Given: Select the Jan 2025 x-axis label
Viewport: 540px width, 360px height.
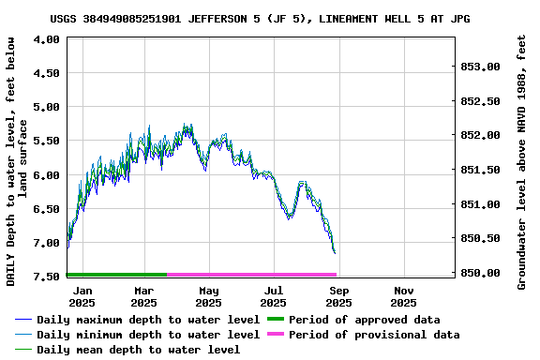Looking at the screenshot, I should pos(82,296).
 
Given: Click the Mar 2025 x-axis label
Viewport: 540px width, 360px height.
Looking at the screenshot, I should pos(143,296).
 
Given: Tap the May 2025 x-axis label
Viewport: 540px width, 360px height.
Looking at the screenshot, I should pos(209,296).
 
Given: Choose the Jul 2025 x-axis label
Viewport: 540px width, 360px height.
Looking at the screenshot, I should pos(274,296).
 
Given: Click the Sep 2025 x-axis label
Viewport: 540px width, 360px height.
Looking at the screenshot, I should pos(338,296).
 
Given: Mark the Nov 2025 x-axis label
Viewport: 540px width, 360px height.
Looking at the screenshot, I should pos(403,296).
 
